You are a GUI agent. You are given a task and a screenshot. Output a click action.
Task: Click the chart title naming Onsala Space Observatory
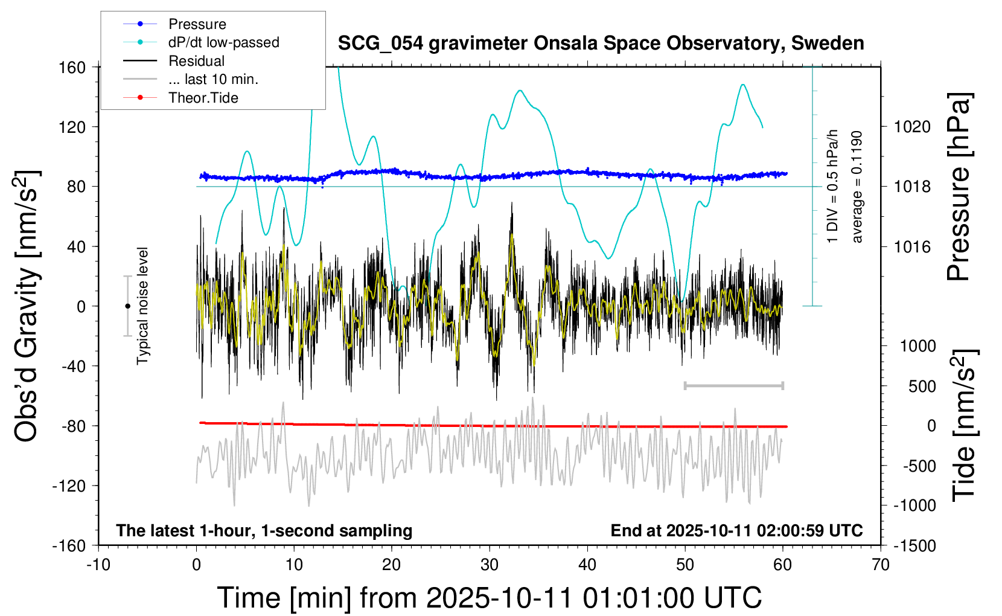[x=601, y=43]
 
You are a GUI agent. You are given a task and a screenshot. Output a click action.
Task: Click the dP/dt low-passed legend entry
[x=223, y=42]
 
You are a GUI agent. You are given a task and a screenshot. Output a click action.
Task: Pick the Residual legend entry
[x=196, y=61]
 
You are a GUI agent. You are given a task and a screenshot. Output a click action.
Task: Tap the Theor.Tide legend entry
[x=203, y=98]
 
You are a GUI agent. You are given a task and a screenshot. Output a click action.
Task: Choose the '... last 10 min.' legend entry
[x=213, y=79]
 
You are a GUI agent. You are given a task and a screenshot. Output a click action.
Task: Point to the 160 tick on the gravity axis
[x=72, y=67]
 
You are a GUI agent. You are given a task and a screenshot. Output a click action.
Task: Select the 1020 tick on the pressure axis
[x=912, y=127]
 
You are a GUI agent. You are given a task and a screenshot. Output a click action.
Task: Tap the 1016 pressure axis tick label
[x=912, y=246]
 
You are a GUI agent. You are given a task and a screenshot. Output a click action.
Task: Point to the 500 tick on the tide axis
[x=922, y=386]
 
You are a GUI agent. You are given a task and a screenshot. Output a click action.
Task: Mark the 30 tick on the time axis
[x=490, y=565]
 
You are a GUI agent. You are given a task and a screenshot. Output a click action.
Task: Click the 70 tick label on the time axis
[x=881, y=565]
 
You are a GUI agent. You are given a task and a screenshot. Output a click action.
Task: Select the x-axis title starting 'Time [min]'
[x=490, y=598]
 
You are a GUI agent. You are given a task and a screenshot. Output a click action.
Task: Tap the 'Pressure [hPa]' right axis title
[x=959, y=187]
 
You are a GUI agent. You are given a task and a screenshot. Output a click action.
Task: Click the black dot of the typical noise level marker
[x=127, y=306]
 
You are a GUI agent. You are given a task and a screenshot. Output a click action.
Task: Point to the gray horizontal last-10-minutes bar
[x=733, y=385]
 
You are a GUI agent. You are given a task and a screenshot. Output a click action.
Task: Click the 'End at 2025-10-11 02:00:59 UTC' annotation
[x=736, y=530]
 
